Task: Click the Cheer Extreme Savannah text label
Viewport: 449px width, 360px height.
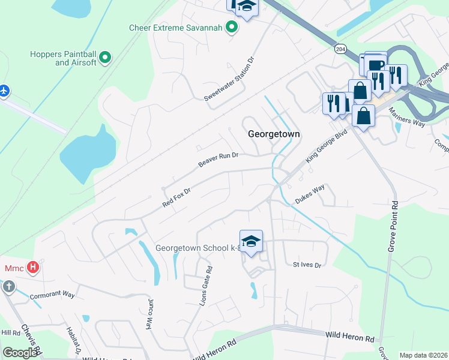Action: [x=175, y=28]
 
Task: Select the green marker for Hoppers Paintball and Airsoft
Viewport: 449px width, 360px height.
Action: [x=106, y=58]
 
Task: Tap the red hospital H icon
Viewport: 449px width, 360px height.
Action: [x=34, y=267]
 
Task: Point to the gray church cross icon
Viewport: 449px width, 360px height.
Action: [x=8, y=286]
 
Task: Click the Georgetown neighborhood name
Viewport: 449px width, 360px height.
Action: [x=274, y=134]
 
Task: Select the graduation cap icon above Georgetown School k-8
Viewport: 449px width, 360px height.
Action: [x=251, y=241]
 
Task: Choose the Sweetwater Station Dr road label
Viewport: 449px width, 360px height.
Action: [x=229, y=79]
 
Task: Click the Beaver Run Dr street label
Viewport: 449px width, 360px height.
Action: [x=218, y=160]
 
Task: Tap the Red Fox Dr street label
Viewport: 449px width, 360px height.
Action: [x=176, y=198]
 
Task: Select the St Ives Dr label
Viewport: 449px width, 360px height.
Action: [x=307, y=265]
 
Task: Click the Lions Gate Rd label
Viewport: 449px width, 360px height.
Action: [x=205, y=286]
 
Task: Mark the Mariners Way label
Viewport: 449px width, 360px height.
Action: [x=407, y=116]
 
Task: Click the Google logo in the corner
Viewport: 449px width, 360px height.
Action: [x=20, y=353]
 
